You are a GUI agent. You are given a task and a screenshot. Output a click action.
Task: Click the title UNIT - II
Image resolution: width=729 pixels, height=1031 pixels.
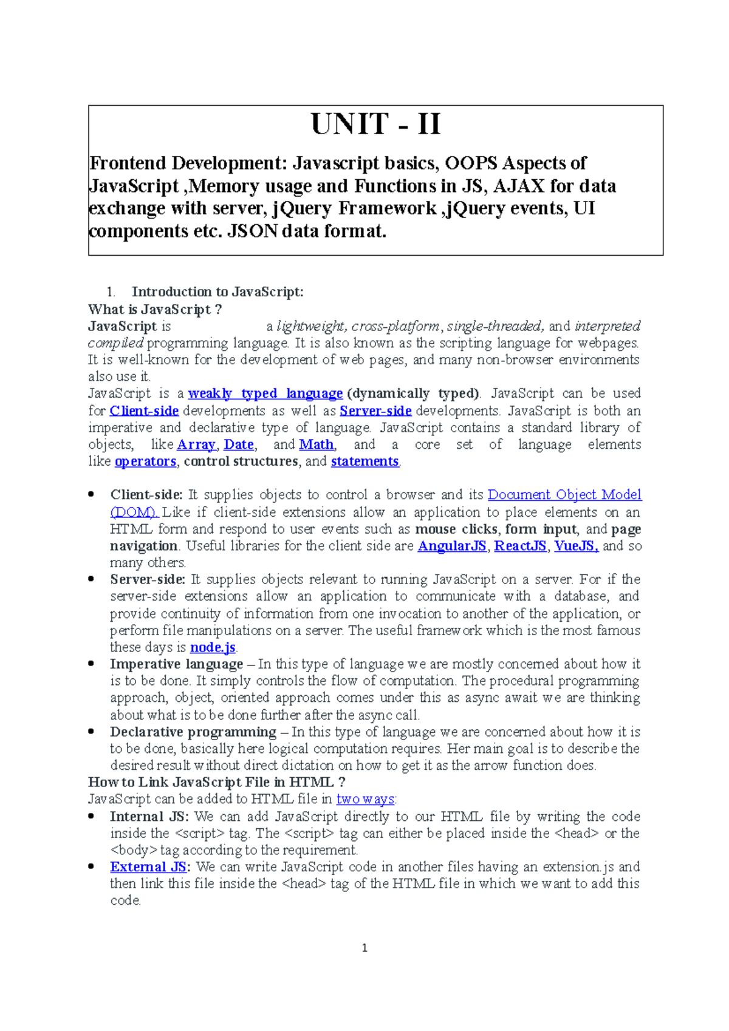point(375,124)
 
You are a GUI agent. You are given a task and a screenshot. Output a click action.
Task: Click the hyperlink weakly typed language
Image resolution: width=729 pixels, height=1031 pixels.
point(265,393)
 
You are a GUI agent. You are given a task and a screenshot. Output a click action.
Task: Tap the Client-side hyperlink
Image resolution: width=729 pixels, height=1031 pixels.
point(144,410)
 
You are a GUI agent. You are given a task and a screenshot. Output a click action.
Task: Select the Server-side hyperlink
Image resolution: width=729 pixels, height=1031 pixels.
point(375,410)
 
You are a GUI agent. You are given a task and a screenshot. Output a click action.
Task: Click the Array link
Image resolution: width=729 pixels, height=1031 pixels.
point(196,444)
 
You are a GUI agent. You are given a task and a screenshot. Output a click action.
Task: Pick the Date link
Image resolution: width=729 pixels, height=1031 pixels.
point(239,444)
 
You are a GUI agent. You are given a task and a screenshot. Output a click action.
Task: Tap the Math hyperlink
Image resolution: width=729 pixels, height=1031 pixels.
point(317,444)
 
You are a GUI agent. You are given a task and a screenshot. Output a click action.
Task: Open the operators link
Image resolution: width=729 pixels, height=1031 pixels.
point(145,461)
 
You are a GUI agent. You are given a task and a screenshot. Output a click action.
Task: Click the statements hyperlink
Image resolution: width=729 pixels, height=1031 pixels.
point(364,461)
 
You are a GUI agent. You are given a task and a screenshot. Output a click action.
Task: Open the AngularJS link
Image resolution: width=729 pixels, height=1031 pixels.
point(452,546)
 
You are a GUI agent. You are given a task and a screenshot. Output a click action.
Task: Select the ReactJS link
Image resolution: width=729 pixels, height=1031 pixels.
point(520,546)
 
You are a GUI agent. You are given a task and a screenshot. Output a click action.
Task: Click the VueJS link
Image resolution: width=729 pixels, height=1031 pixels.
point(576,546)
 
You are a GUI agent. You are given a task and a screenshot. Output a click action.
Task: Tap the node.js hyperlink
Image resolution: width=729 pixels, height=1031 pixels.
point(213,647)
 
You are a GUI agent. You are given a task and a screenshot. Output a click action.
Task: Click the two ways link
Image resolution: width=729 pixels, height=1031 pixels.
point(365,799)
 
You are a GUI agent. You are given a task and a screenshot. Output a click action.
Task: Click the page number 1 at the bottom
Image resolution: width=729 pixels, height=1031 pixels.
point(364,948)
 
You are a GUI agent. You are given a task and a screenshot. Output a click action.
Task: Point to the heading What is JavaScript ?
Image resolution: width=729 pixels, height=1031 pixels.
point(155,310)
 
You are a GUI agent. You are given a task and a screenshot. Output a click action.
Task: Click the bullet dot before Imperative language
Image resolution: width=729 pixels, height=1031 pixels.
point(91,664)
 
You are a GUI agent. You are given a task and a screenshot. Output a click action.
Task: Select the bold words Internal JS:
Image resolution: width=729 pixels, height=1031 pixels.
point(149,817)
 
